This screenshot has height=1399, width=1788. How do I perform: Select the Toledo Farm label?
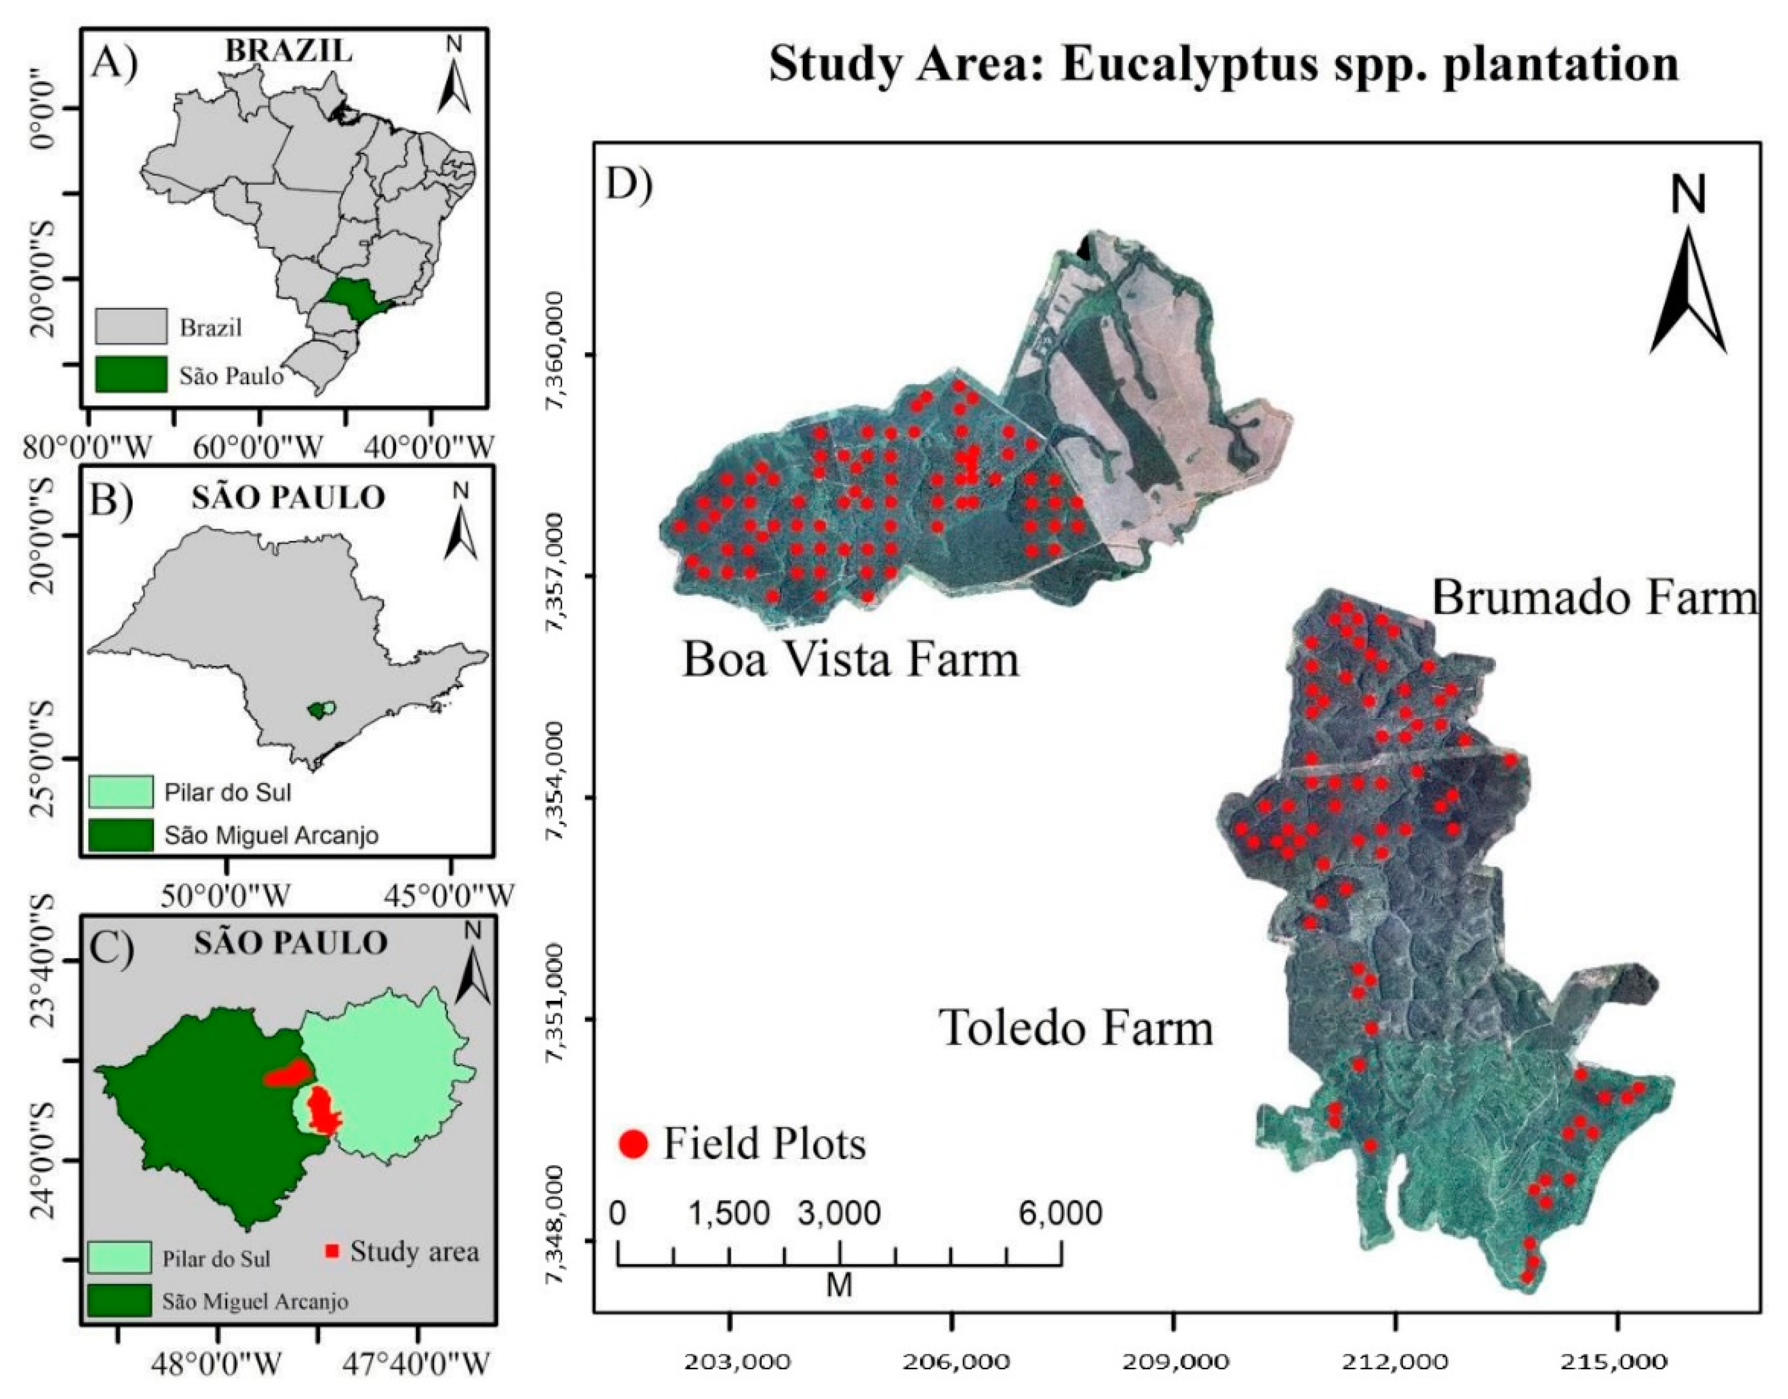tap(1076, 1028)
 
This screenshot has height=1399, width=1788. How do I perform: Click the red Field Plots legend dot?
tap(633, 1144)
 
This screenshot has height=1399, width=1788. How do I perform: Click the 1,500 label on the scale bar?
tap(728, 1213)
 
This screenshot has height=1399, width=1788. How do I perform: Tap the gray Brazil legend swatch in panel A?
tap(131, 326)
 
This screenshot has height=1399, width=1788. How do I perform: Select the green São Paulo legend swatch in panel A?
tap(131, 374)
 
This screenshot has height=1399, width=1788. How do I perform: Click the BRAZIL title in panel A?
tap(289, 51)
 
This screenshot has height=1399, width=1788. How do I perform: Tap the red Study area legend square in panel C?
tap(332, 1251)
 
